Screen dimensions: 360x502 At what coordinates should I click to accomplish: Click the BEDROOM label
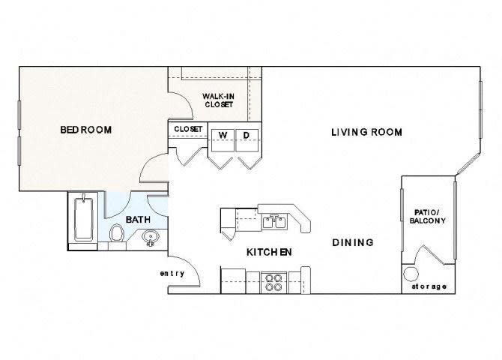coord(85,130)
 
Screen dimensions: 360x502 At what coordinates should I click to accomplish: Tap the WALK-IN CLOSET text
coord(219,100)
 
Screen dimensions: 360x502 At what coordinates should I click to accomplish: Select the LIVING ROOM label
coord(366,132)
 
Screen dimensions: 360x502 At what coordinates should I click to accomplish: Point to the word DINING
coord(353,242)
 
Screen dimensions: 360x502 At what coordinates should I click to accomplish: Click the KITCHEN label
coord(269,252)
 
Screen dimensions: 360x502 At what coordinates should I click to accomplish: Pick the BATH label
coord(137,220)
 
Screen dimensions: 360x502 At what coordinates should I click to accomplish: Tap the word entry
coord(172,273)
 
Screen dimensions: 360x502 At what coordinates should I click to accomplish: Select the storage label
coord(429,286)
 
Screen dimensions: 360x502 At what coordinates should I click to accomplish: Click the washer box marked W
coord(222,135)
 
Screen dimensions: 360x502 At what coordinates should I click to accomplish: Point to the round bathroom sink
coord(150,239)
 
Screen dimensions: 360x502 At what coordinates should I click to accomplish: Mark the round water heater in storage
coord(411,274)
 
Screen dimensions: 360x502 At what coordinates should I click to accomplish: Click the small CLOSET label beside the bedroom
coord(187,129)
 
